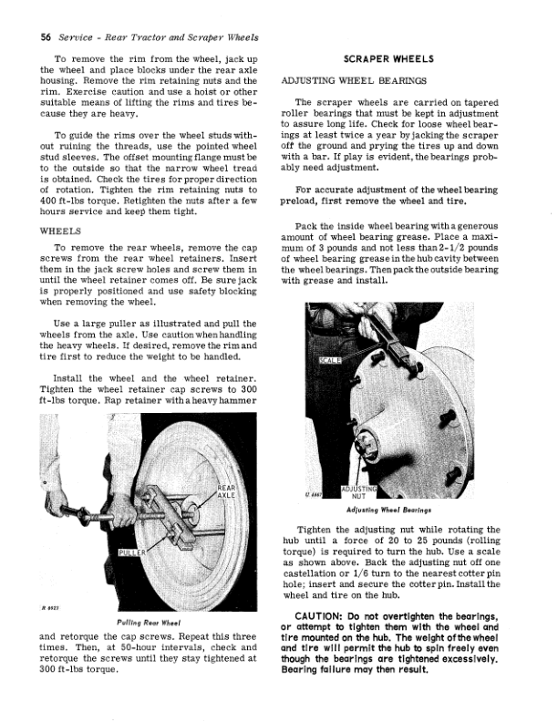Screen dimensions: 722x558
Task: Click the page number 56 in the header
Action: click(41, 36)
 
